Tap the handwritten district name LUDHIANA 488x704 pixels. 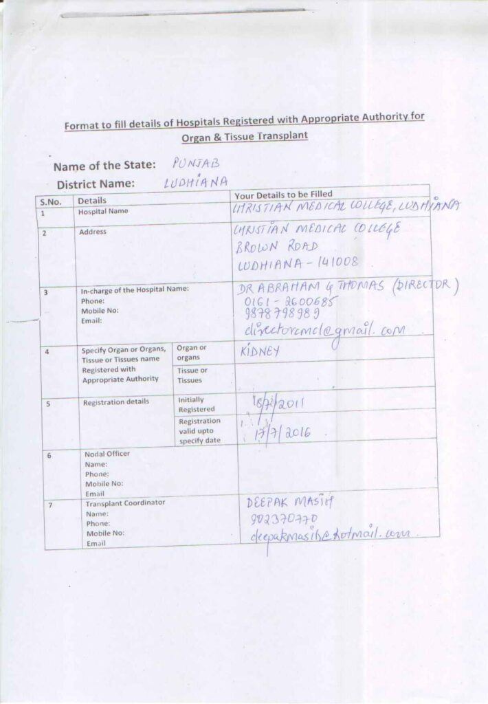click(197, 183)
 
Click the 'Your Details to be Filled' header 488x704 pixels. click(283, 195)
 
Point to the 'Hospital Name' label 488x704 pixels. click(103, 212)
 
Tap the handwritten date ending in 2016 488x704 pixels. click(284, 432)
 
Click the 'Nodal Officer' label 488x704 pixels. click(107, 454)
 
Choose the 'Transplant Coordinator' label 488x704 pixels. click(124, 503)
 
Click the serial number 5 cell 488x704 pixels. click(49, 404)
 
